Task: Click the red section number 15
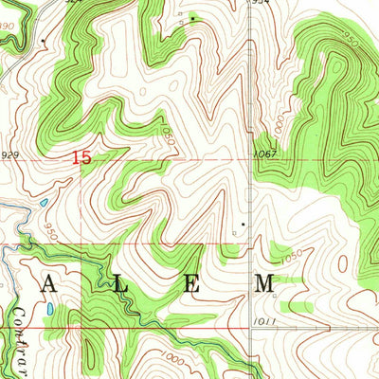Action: [x=82, y=158]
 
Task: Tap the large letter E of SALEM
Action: [x=191, y=282]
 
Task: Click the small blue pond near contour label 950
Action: [x=43, y=203]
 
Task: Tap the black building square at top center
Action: [x=192, y=18]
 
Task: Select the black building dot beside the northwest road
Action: [x=44, y=41]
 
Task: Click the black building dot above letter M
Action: [x=243, y=225]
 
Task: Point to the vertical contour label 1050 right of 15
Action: [x=171, y=135]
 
